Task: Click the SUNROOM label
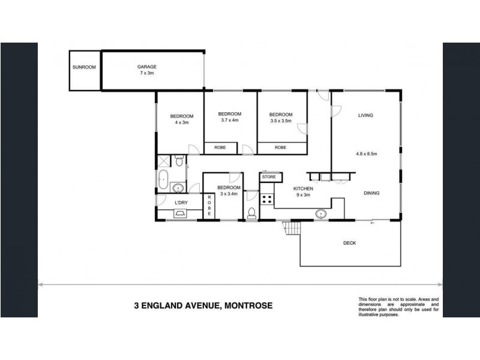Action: coord(84,67)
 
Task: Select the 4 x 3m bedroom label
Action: coord(182,122)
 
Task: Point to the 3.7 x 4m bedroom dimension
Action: coord(230,121)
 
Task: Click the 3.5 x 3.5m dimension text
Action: coord(281,121)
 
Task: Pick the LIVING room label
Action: coord(365,115)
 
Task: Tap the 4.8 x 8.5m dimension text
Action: coord(367,154)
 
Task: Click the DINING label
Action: coord(371,193)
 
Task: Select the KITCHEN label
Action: coord(303,188)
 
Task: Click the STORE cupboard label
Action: coord(269,177)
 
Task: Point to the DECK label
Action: coord(350,243)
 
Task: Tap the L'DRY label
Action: coord(181,203)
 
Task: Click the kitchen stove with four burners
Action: coord(266,199)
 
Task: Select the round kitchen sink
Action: coord(321,214)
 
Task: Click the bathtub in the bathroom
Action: coord(163,179)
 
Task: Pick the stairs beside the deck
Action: coord(291,228)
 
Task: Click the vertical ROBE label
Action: coord(209,206)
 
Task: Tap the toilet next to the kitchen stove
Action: coord(251,214)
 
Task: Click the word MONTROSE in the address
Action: coord(248,305)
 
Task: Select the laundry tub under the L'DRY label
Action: coord(180,214)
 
